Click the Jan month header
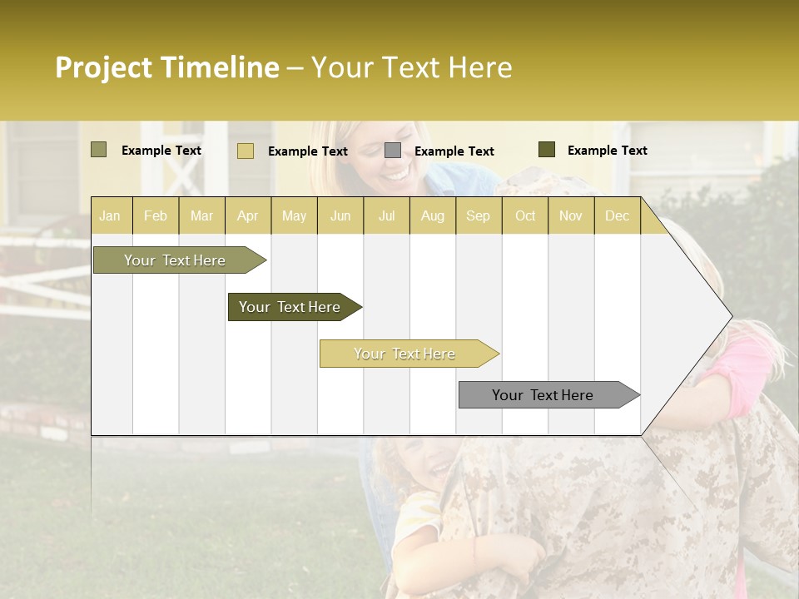(110, 215)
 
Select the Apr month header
(247, 215)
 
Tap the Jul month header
(386, 215)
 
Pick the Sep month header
(478, 215)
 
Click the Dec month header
(617, 215)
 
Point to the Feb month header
(156, 215)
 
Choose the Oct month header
(525, 215)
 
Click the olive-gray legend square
(98, 150)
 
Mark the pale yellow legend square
(245, 151)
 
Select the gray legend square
(392, 151)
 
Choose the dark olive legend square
(546, 150)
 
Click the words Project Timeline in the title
(166, 67)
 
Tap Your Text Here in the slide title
(412, 67)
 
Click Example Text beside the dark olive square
(607, 151)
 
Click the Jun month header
(340, 215)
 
